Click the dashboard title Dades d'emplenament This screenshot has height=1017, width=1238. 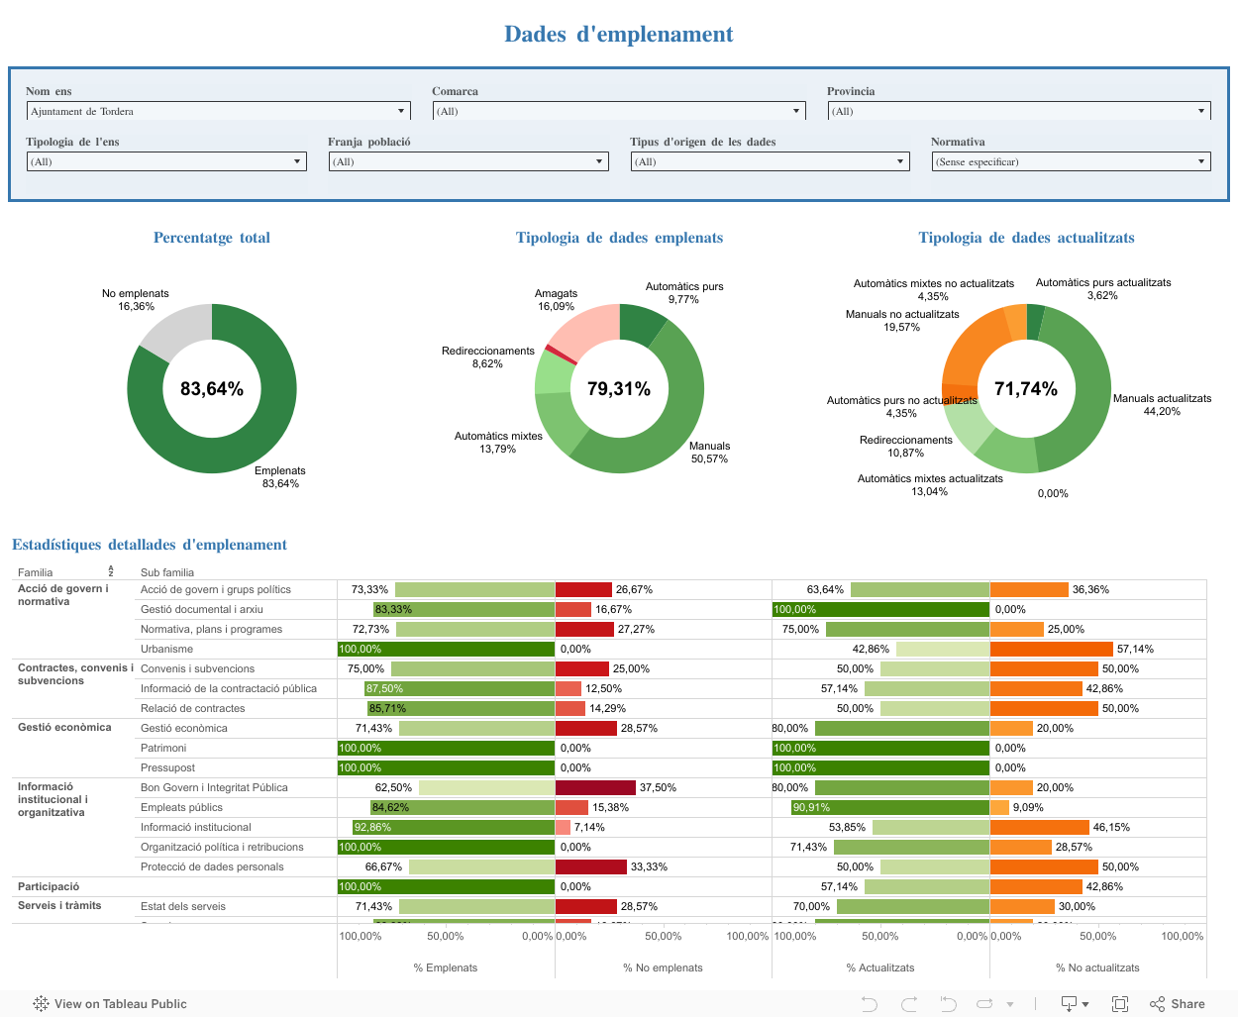click(618, 35)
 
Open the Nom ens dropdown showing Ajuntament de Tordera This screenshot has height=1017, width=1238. click(218, 111)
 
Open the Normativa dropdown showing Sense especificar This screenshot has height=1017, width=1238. click(1071, 161)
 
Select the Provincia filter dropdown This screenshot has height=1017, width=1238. click(1018, 111)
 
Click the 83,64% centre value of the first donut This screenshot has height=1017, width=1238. click(212, 389)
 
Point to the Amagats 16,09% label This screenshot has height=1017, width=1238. click(556, 300)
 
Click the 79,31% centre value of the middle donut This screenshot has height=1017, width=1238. click(619, 389)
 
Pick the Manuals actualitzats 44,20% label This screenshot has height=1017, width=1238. click(1162, 405)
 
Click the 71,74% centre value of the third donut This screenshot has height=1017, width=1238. click(1026, 389)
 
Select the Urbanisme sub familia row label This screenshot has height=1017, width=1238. click(166, 649)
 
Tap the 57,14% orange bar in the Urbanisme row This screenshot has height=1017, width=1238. click(1051, 649)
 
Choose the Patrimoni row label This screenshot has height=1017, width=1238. click(163, 748)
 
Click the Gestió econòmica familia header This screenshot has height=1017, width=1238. click(64, 727)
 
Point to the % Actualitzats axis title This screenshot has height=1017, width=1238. click(880, 967)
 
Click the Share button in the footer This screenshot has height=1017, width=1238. click(1178, 1004)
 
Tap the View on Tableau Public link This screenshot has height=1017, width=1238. click(110, 1004)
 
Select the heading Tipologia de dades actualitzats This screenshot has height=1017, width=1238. click(1026, 238)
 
